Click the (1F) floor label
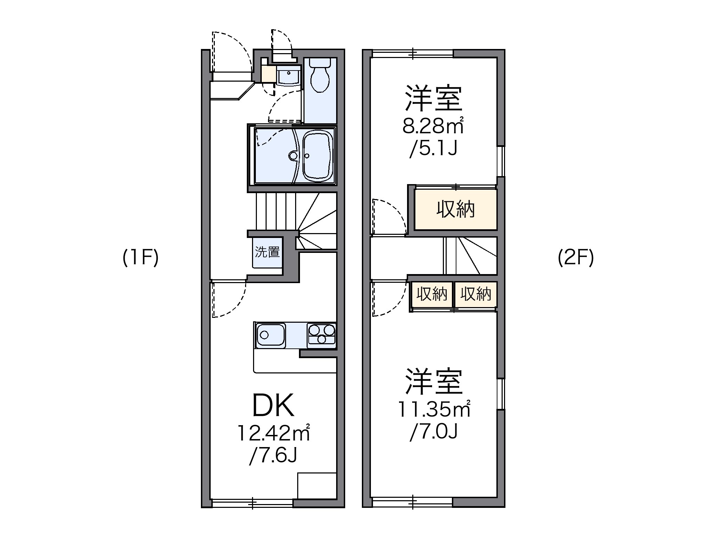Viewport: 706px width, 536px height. click(x=140, y=258)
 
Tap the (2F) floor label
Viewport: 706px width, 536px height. click(x=576, y=258)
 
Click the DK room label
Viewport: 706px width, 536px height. click(x=273, y=406)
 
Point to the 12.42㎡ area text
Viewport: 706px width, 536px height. click(x=273, y=433)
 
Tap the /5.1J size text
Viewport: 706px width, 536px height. click(x=433, y=149)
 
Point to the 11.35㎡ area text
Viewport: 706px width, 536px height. click(x=434, y=409)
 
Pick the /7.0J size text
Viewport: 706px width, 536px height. click(x=434, y=432)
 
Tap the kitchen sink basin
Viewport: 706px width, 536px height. click(x=270, y=335)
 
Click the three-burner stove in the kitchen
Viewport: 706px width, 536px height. click(x=322, y=335)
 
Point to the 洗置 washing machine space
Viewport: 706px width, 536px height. click(x=267, y=252)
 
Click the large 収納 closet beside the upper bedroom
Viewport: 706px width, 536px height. click(x=455, y=209)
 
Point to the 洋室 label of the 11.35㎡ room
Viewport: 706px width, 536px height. click(x=434, y=382)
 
